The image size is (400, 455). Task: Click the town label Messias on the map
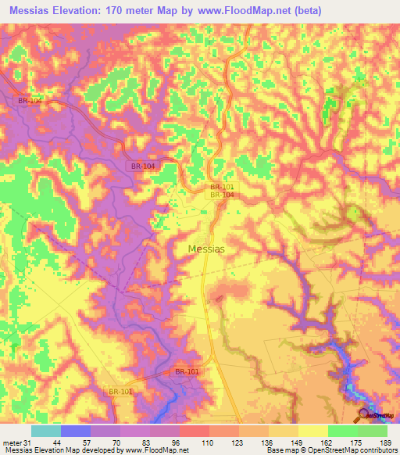pos(207,249)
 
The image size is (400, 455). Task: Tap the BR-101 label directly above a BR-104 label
pos(221,187)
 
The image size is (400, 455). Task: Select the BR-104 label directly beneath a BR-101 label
pos(221,195)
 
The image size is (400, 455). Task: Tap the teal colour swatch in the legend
pos(46,431)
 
